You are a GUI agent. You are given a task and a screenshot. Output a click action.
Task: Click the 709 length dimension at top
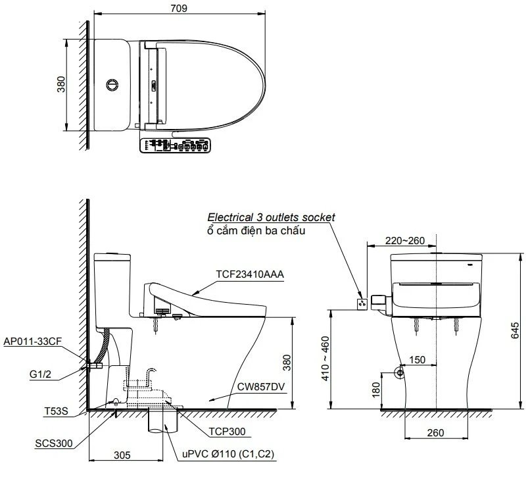tap(178, 8)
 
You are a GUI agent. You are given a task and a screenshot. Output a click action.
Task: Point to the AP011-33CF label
tap(34, 342)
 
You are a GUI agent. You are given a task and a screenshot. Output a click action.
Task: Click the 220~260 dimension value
tap(405, 240)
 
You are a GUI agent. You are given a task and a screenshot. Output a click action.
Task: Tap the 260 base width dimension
tap(435, 432)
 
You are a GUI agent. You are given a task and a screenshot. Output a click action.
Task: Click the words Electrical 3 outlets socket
tap(271, 217)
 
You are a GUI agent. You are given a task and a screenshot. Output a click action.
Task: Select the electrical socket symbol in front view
tap(361, 303)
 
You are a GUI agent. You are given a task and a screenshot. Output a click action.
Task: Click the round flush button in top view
tap(113, 84)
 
